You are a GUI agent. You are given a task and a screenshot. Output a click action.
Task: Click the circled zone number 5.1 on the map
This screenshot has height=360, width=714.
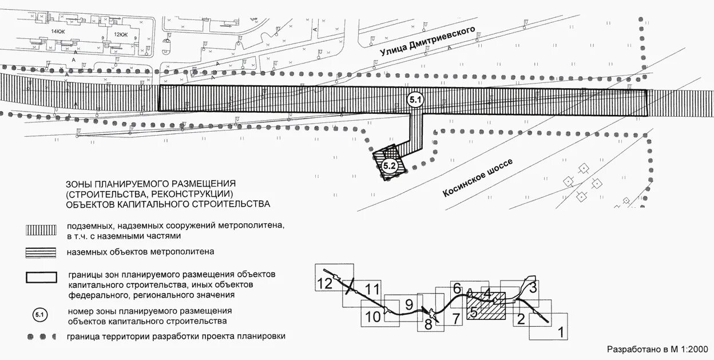pos(415,100)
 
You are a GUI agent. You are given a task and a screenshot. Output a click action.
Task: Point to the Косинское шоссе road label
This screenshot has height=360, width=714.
pos(478,178)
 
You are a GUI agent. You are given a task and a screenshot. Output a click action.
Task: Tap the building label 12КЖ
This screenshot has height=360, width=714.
pos(121,34)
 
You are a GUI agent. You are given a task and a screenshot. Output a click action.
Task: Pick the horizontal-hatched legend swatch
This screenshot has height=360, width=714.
pos(41,252)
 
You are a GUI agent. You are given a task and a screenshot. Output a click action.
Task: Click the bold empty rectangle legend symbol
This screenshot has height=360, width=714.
pos(41,277)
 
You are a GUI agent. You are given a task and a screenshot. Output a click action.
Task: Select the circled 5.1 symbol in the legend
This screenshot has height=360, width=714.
pos(40,315)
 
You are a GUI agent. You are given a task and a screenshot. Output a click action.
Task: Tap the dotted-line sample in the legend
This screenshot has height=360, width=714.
pos(41,336)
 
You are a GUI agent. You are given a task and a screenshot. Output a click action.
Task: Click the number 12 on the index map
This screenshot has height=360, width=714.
pos(325,282)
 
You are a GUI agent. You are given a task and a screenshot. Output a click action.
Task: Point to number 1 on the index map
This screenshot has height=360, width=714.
pos(561,331)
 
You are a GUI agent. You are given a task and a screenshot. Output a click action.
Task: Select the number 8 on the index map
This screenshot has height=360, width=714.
pos(429,325)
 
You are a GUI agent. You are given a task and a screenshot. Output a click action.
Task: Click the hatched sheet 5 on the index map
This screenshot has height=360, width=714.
pos(474,312)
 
